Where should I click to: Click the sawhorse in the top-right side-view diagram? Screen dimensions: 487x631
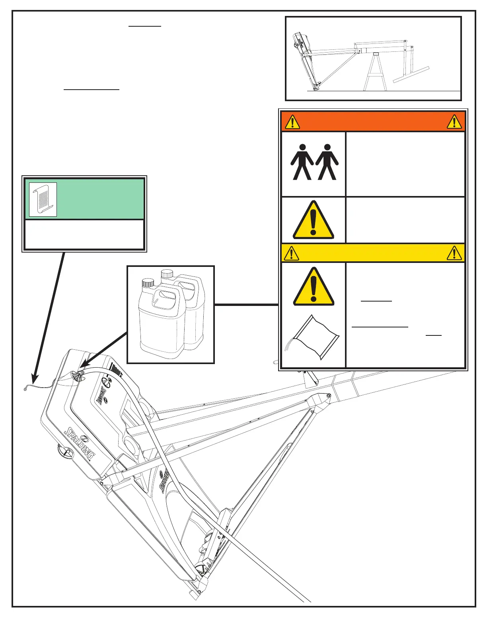[374, 72]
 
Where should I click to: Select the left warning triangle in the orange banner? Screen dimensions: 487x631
[292, 122]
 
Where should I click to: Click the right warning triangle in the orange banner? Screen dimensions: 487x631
[454, 122]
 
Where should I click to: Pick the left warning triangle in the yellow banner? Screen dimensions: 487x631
[292, 253]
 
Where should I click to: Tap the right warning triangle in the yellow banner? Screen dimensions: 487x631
[454, 253]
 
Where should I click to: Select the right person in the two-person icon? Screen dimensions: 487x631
[327, 162]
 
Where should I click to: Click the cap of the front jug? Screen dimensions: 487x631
[148, 283]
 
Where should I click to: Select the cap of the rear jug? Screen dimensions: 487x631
[167, 274]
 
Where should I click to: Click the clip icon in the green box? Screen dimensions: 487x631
[43, 200]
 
